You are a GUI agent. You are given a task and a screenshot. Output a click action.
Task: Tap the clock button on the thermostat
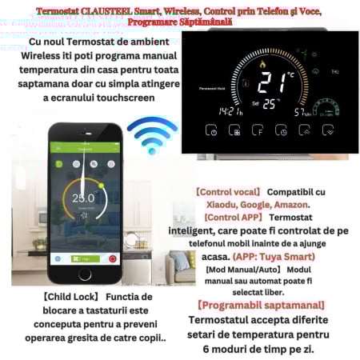pos(282,130)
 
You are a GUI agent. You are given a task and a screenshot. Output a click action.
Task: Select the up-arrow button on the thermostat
pos(305,130)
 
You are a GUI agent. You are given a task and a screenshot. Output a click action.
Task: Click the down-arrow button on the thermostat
pos(327,130)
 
